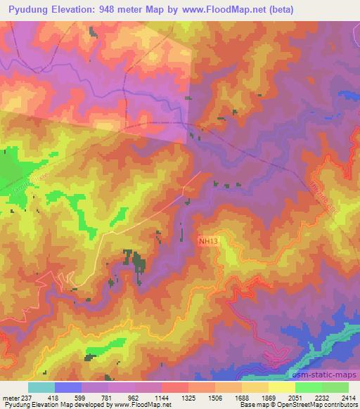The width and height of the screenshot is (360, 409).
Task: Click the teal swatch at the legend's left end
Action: click(41, 387)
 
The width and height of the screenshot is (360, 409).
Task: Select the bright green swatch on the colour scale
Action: click(309, 387)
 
